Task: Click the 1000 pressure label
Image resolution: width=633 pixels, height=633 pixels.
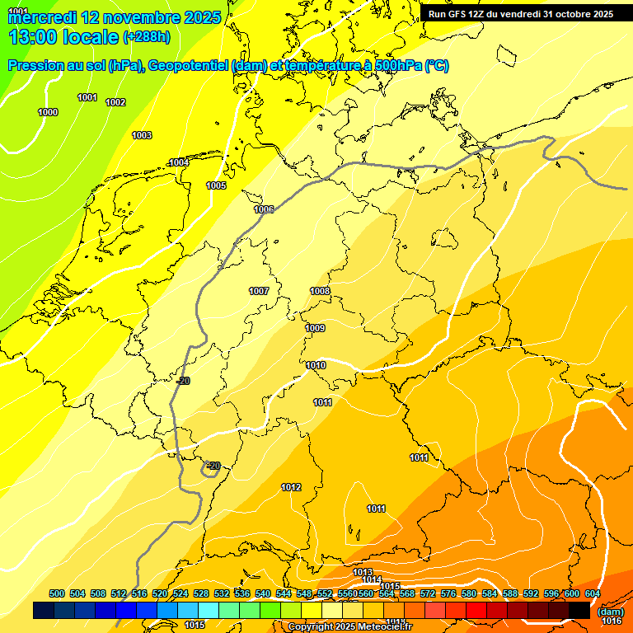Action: [48, 112]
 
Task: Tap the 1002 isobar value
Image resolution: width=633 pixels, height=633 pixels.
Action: [115, 102]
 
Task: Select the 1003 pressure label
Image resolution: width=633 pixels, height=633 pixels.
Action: [142, 135]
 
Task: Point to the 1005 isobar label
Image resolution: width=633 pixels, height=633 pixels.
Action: [216, 185]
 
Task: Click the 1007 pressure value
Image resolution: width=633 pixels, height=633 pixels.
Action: [259, 291]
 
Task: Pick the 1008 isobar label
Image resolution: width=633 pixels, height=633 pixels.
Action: [320, 291]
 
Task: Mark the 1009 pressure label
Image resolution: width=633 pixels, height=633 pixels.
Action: [315, 328]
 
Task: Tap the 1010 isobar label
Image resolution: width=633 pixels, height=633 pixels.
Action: [316, 365]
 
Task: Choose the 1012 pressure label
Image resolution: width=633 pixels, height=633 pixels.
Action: [291, 487]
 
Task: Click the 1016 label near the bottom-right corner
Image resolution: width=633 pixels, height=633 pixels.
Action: [612, 621]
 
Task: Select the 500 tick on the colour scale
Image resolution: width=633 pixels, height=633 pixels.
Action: [57, 594]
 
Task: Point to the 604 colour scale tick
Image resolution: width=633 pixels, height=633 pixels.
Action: [593, 594]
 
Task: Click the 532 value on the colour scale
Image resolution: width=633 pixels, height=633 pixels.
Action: [222, 594]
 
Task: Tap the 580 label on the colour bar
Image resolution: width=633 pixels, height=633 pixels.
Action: [469, 594]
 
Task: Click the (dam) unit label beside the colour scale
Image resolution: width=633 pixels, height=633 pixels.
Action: [611, 611]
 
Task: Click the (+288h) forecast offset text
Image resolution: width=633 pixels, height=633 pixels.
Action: [147, 37]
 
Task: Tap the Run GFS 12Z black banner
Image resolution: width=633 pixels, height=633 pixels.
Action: [521, 14]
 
